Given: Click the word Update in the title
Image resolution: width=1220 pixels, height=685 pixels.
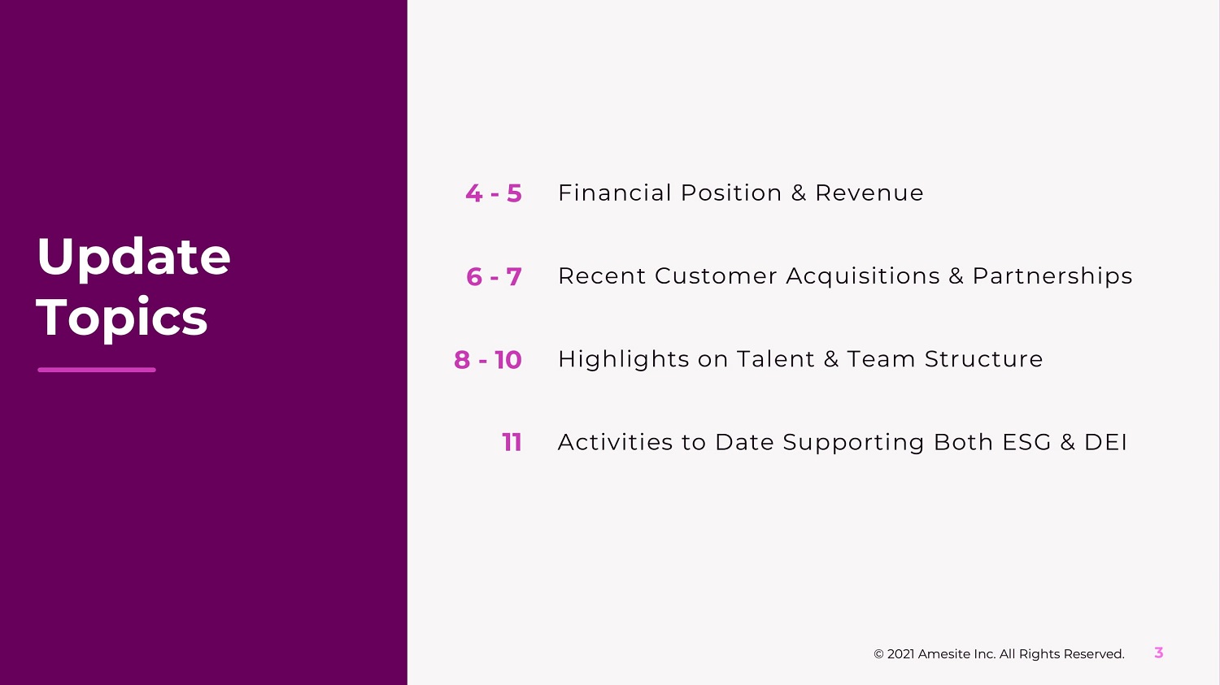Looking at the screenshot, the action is point(133,258).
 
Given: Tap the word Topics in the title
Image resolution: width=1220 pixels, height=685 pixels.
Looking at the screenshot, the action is point(121,319).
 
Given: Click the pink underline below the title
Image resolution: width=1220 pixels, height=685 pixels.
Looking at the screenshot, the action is point(97,370).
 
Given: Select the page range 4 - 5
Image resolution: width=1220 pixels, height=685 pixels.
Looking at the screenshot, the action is point(494,193).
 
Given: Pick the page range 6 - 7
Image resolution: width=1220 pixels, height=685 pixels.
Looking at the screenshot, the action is point(494,276).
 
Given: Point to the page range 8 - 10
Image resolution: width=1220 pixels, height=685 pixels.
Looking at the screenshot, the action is point(487,360).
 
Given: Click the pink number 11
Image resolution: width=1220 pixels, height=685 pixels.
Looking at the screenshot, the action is point(512,442).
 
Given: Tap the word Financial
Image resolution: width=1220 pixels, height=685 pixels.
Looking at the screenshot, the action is point(615,193).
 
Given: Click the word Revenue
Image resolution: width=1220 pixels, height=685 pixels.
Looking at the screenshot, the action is point(869,193).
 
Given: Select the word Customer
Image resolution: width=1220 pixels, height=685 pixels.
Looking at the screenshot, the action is point(716,275).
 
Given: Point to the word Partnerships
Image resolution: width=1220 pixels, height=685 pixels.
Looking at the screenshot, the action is point(1052,277).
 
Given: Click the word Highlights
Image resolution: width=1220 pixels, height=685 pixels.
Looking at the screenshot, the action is point(624,360).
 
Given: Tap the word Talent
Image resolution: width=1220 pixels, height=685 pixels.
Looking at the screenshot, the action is point(776,359).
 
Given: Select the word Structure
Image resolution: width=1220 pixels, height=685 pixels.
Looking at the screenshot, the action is point(983,359).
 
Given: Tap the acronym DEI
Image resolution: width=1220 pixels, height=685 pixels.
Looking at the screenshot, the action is point(1105,442).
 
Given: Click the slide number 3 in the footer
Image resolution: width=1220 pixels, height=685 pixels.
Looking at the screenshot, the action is point(1158,652).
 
